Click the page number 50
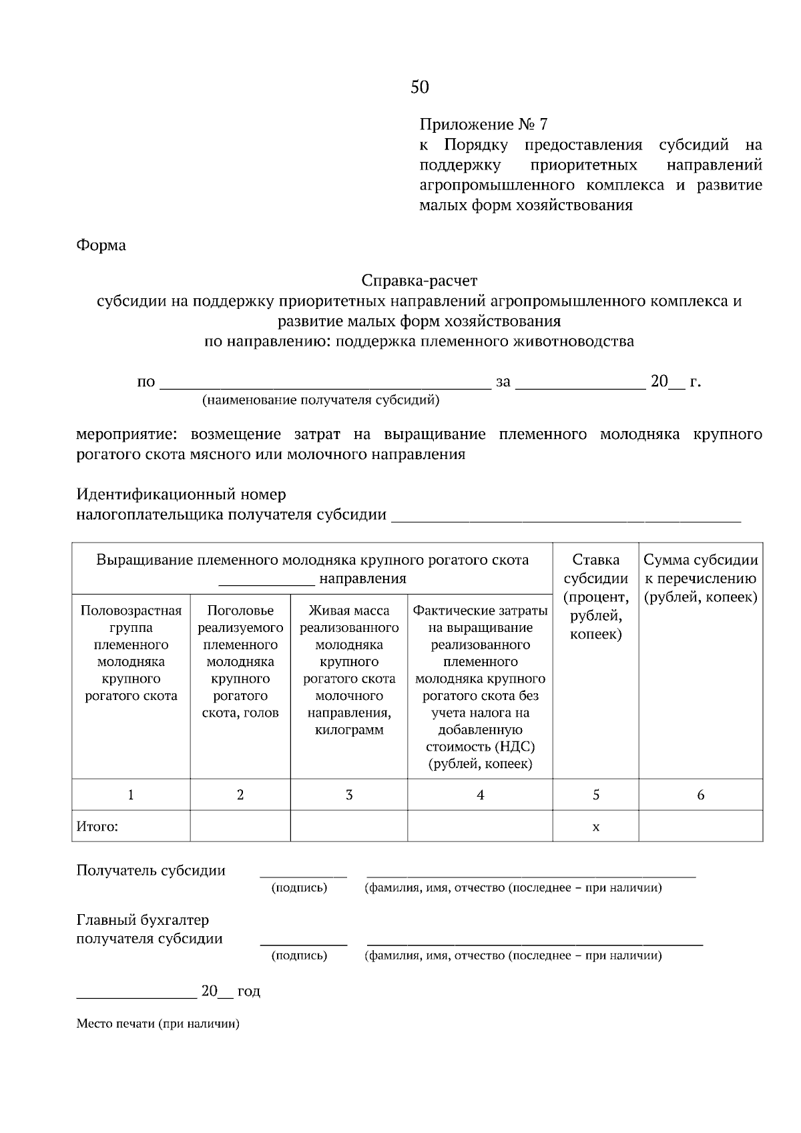click(x=420, y=87)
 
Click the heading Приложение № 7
click(x=483, y=125)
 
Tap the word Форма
click(x=101, y=246)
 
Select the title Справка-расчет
click(x=419, y=280)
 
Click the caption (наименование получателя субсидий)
click(x=321, y=400)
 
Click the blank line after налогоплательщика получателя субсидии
click(x=566, y=517)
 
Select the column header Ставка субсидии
click(x=595, y=569)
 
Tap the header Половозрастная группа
click(x=131, y=619)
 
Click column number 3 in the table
click(x=349, y=795)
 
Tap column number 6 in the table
click(x=700, y=795)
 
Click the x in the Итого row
click(x=595, y=827)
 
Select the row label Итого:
click(x=97, y=827)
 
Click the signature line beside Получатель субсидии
click(x=303, y=873)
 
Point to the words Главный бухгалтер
click(x=143, y=920)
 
